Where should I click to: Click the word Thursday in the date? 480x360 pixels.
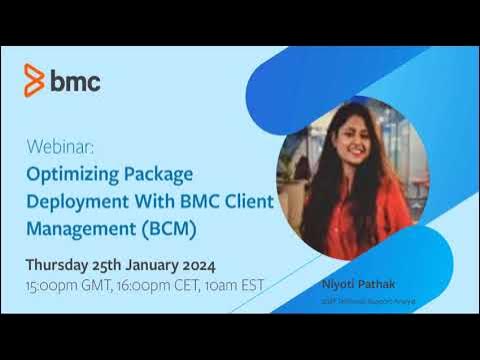pyautogui.click(x=60, y=265)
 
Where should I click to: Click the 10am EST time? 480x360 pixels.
pyautogui.click(x=236, y=285)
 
